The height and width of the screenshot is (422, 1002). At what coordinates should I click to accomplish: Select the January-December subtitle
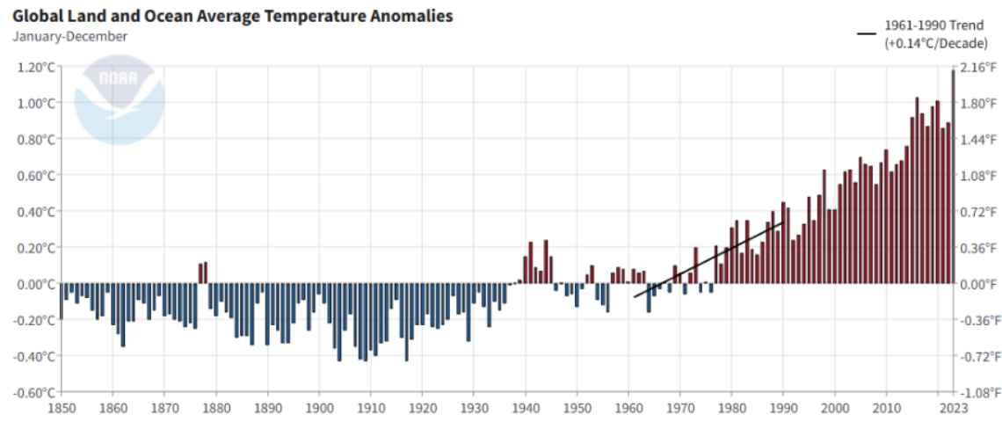click(x=70, y=36)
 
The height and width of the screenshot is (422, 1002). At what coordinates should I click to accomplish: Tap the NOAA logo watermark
click(x=119, y=98)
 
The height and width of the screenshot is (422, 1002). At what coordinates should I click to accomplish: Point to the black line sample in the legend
click(x=867, y=33)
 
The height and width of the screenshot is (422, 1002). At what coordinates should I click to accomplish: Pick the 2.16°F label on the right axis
click(x=979, y=67)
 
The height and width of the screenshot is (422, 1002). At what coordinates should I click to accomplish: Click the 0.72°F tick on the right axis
click(x=979, y=212)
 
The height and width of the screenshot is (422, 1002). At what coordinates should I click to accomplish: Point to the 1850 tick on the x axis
click(x=61, y=408)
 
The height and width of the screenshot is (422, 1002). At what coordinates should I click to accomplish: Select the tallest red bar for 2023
click(x=953, y=176)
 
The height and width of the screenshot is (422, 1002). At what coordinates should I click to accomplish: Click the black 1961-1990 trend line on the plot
click(x=708, y=259)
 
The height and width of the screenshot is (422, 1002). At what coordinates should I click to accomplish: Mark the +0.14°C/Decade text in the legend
click(x=936, y=43)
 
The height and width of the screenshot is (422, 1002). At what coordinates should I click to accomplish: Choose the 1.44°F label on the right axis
click(x=979, y=139)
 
